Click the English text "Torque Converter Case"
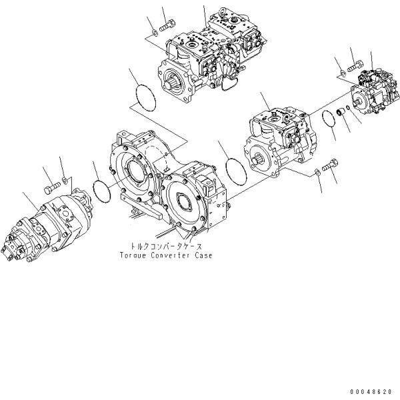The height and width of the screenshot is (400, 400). pyautogui.click(x=166, y=255)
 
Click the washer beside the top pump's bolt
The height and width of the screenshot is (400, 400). pyautogui.click(x=155, y=31)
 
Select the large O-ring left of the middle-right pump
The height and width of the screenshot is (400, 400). pyautogui.click(x=235, y=169)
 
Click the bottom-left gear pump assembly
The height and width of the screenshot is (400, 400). pyautogui.click(x=50, y=223)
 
